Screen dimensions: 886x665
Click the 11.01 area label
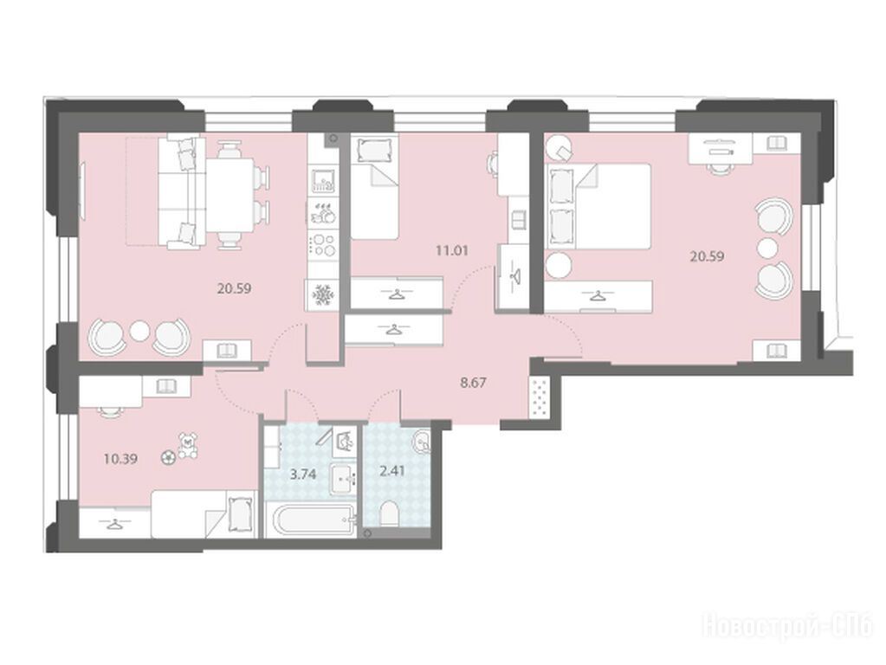click(x=451, y=249)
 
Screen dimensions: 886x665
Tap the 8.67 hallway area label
click(x=473, y=383)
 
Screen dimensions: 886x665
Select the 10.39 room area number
click(x=120, y=459)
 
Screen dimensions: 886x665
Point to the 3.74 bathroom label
click(x=303, y=474)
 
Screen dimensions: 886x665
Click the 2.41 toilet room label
click(x=392, y=470)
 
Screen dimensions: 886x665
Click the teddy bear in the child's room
click(x=188, y=445)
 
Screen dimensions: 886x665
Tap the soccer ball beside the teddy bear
click(x=168, y=458)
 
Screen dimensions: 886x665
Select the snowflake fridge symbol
click(x=323, y=295)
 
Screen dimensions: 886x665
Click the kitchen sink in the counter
click(x=323, y=180)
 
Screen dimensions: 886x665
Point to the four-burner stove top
click(x=323, y=245)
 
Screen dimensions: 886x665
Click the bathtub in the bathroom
click(x=312, y=520)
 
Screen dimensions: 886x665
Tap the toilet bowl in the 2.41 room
click(x=389, y=513)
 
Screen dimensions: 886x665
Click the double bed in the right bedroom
click(x=598, y=206)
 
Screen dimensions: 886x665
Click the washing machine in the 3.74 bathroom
click(x=344, y=442)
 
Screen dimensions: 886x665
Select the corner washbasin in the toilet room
click(x=420, y=442)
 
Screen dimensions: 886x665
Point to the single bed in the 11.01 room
click(x=375, y=187)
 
